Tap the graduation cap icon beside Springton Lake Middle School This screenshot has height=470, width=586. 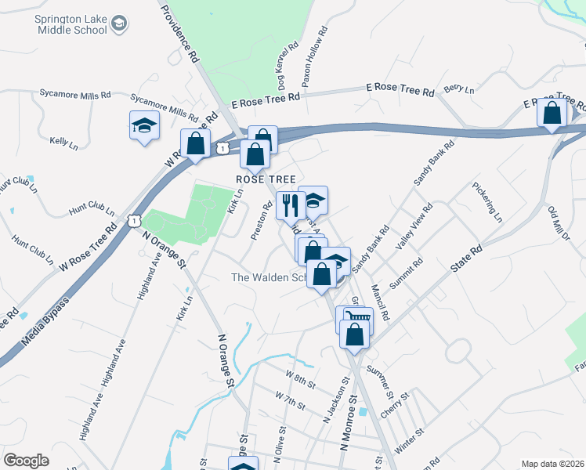120,24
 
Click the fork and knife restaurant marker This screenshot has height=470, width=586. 290,205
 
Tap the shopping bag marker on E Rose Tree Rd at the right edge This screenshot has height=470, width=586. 552,113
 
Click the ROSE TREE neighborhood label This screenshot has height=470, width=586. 266,179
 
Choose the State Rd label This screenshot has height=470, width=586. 467,258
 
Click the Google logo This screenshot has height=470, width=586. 26,461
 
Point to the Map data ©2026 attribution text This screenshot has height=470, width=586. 552,464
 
